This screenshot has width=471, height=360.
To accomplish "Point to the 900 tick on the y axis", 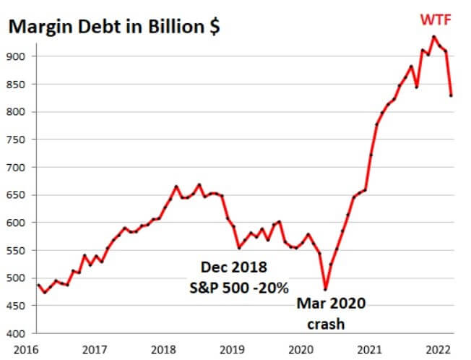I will (17, 56).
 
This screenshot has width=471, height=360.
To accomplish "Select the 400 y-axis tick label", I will (17, 333).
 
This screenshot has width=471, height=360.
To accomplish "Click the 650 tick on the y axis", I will (17, 195).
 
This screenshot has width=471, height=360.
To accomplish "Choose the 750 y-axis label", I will (17, 140).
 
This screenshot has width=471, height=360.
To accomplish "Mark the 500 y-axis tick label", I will (17, 278).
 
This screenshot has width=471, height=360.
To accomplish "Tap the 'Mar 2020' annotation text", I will (331, 304).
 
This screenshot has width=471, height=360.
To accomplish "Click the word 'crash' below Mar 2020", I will (327, 323).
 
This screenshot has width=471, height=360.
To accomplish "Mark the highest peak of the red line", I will (433, 36).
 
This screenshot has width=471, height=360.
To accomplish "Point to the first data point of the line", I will (38, 285).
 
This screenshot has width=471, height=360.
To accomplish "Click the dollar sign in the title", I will (215, 28).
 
